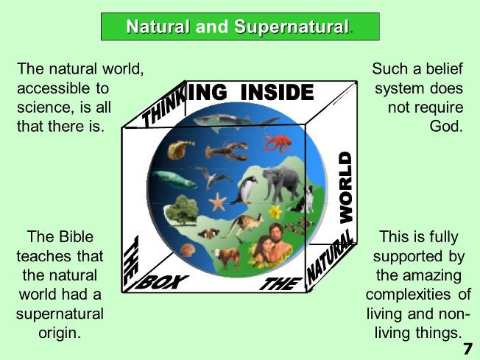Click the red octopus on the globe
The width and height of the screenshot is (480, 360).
[x=277, y=143]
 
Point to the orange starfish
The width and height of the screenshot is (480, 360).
[x=218, y=202]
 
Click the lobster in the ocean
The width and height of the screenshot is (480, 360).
[x=227, y=151]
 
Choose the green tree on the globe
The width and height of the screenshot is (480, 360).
[x=182, y=210]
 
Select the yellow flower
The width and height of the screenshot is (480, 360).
[x=275, y=211]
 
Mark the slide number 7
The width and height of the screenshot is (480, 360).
[x=468, y=349]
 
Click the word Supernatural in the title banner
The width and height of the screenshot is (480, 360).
[x=292, y=27]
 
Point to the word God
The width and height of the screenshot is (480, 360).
[x=445, y=126]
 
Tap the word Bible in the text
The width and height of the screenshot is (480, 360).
[x=77, y=236]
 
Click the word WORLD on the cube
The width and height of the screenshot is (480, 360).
[x=346, y=187]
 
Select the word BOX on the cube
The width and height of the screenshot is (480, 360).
[x=161, y=282]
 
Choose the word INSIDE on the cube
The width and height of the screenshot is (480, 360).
[x=277, y=92]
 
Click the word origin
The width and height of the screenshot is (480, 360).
[x=60, y=333]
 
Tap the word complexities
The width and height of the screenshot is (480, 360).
[x=408, y=294]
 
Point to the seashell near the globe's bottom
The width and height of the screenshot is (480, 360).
[x=187, y=250]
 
